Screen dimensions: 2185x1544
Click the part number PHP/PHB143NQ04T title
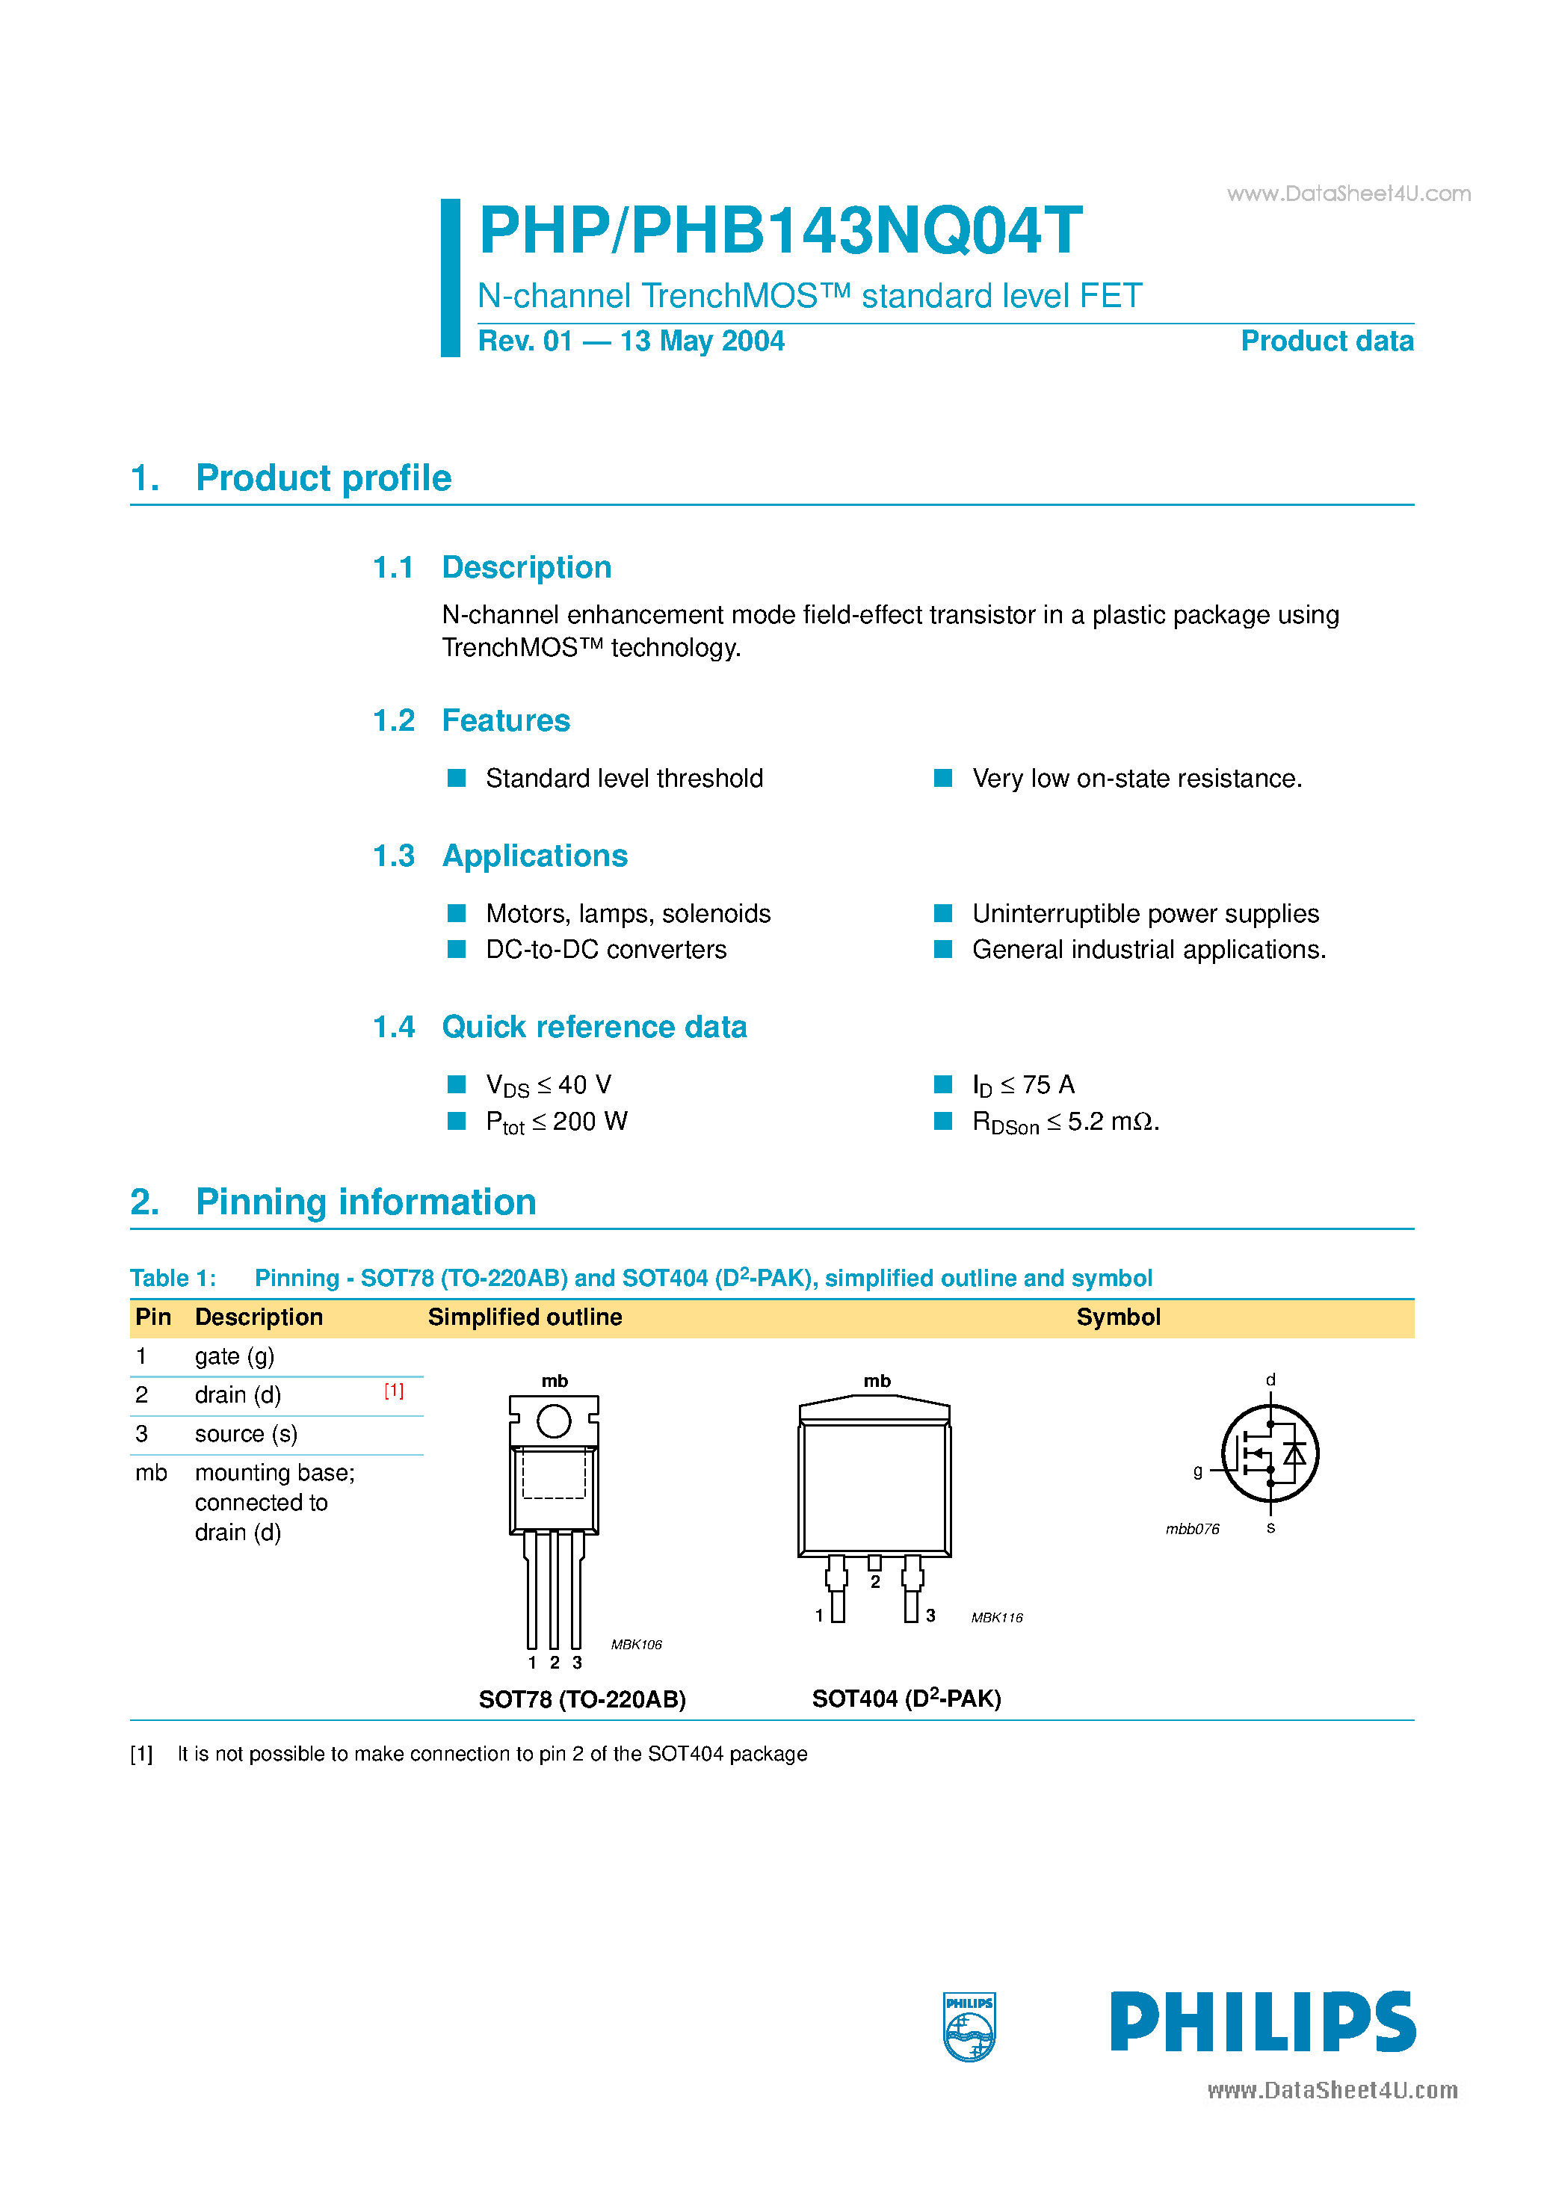click(x=779, y=231)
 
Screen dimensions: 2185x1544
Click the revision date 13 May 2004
click(x=702, y=341)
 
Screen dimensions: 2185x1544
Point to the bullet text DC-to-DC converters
click(x=605, y=950)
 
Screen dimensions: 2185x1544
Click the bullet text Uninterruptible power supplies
click(x=1145, y=914)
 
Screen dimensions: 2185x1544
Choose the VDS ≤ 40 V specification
click(x=549, y=1085)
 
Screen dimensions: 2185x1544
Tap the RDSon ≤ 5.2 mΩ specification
click(x=1064, y=1122)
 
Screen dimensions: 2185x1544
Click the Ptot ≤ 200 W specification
click(x=556, y=1122)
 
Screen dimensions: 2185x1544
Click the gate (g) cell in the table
click(x=234, y=1356)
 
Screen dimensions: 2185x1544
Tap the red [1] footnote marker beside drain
click(x=394, y=1391)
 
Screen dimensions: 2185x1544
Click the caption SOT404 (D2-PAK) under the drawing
click(x=907, y=1699)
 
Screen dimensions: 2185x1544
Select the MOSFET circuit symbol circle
click(x=1270, y=1453)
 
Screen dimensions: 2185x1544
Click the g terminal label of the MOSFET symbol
click(x=1197, y=1471)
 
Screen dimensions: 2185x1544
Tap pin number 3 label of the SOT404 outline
click(x=930, y=1616)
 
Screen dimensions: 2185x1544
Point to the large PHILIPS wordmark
click(x=1262, y=2022)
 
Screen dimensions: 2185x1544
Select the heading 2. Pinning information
click(x=333, y=1202)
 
